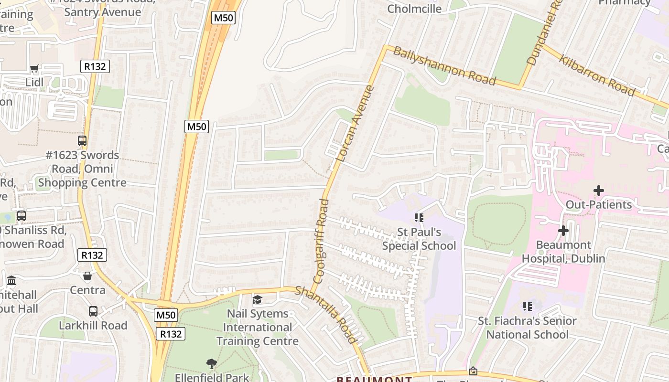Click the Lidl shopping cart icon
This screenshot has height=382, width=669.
pyautogui.click(x=34, y=69)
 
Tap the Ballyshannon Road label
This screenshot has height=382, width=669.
pyautogui.click(x=444, y=65)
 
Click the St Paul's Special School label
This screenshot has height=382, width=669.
pyautogui.click(x=419, y=239)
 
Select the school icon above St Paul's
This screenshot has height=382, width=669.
pyautogui.click(x=419, y=218)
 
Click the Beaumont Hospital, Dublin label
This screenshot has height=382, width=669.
pyautogui.click(x=563, y=252)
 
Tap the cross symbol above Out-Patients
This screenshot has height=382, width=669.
pyautogui.click(x=598, y=191)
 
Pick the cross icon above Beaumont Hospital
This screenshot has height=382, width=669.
pyautogui.click(x=563, y=231)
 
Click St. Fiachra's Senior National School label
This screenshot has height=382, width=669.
pyautogui.click(x=527, y=327)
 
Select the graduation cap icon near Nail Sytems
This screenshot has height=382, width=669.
pyautogui.click(x=258, y=299)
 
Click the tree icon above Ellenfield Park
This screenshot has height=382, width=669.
pyautogui.click(x=211, y=364)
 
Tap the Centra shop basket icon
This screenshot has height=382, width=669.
pyautogui.click(x=87, y=276)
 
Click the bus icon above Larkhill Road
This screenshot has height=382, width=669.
pyautogui.click(x=93, y=311)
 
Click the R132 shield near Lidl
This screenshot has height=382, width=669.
pyautogui.click(x=95, y=66)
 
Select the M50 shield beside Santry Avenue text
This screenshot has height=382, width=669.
pyautogui.click(x=224, y=18)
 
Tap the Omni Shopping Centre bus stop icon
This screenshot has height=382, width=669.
pyautogui.click(x=82, y=141)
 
